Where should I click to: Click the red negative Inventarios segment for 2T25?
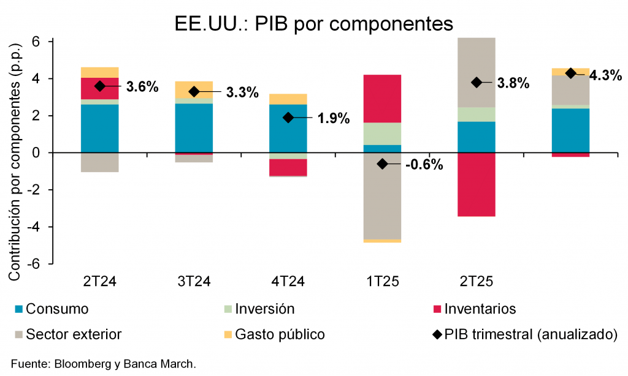[476, 184]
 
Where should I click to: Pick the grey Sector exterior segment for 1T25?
[382, 196]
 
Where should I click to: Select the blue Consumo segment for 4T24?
[288, 129]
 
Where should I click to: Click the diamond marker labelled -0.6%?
[382, 164]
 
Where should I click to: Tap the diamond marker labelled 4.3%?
[570, 73]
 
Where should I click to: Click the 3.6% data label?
[142, 86]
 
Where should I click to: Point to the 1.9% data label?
[334, 118]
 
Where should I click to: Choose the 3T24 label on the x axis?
[194, 282]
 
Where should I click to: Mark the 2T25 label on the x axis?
[476, 282]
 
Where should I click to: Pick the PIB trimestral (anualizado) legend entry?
[524, 334]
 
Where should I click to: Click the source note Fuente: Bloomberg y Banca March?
[104, 364]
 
